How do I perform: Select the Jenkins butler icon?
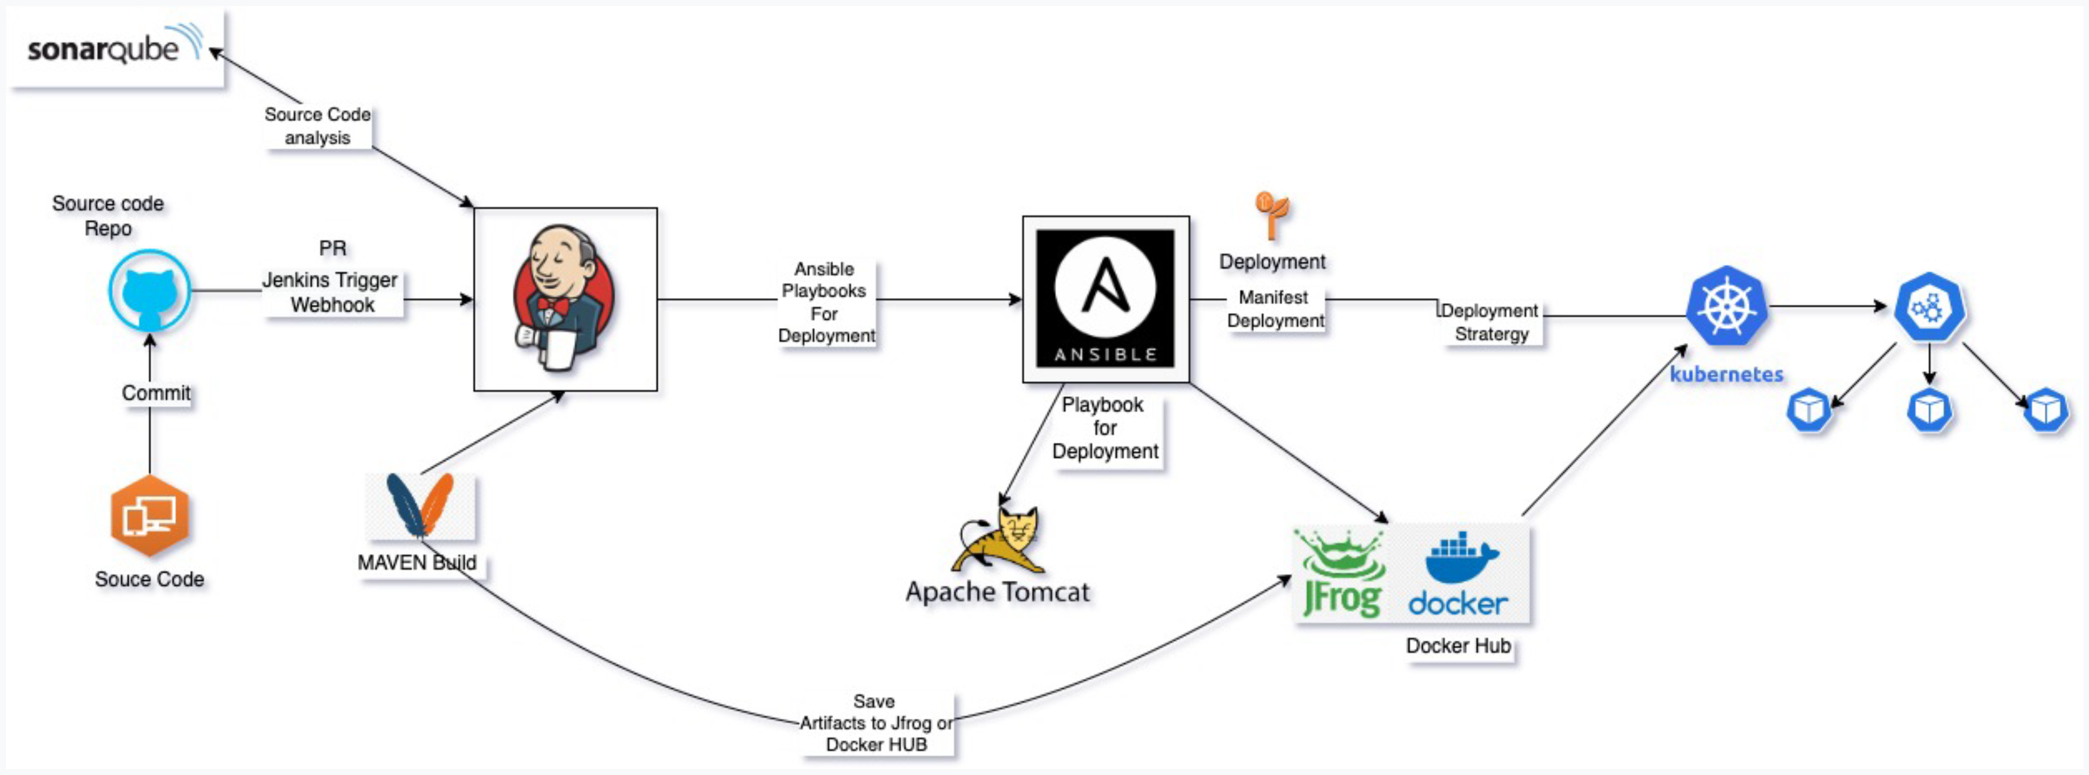[x=564, y=299]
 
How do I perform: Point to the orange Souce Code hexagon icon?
[x=150, y=516]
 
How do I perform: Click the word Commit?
[x=155, y=393]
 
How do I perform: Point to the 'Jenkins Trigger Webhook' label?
[x=332, y=293]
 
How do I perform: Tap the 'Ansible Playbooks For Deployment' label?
[x=825, y=302]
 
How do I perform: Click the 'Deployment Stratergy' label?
[x=1491, y=323]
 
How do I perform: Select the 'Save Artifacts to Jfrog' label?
[x=876, y=723]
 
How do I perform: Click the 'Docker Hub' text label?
[x=1458, y=646]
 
